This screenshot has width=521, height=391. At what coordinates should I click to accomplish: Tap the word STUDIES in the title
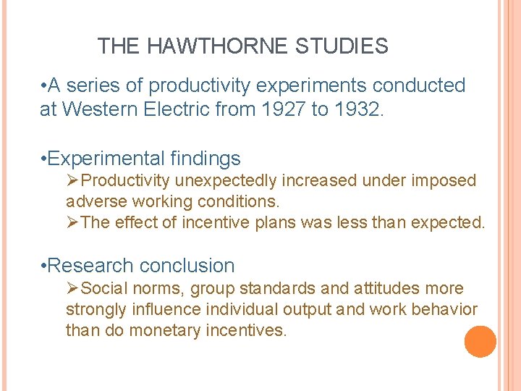(x=342, y=47)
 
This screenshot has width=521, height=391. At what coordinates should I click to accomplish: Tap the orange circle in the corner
(x=480, y=342)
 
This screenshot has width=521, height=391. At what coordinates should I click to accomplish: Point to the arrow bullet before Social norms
(x=72, y=289)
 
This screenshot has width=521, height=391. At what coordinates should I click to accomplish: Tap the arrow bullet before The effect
(x=72, y=222)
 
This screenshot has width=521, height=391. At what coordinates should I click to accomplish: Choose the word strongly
(x=96, y=310)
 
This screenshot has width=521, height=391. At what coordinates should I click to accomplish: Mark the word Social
(x=103, y=289)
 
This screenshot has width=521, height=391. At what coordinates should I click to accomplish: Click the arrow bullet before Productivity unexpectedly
(x=72, y=180)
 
